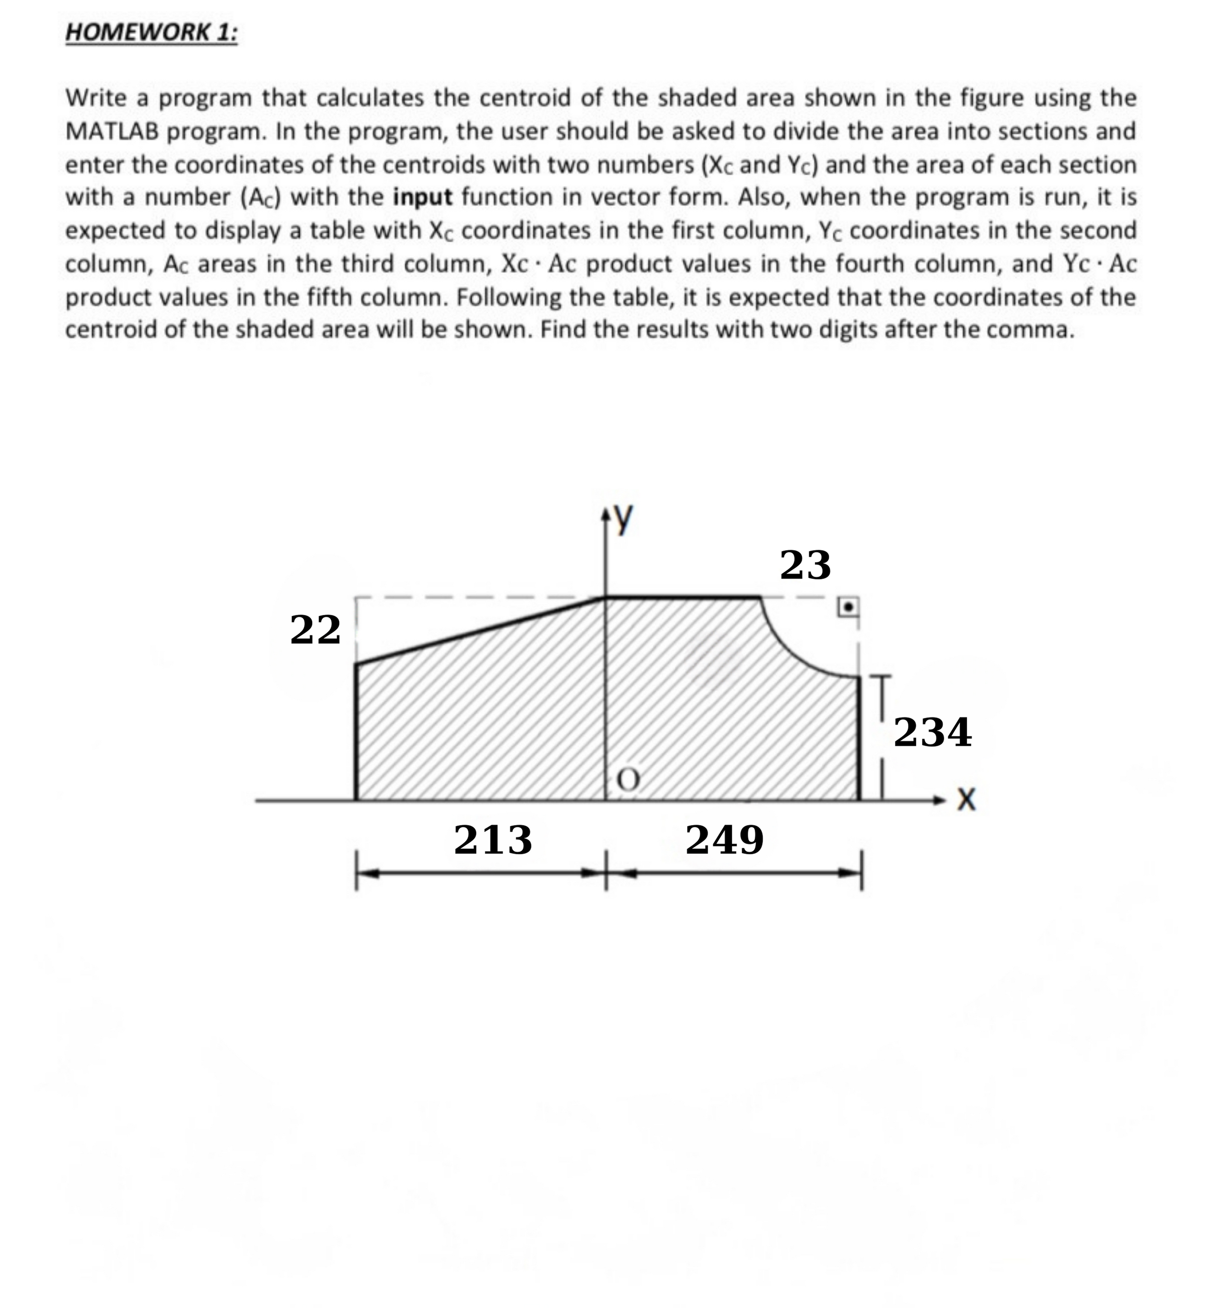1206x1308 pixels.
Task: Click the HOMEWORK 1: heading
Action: pos(152,33)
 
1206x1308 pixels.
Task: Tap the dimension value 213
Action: pos(493,840)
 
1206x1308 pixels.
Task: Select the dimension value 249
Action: pos(724,840)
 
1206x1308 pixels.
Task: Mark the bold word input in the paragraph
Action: pos(422,197)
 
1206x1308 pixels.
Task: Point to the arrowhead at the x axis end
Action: pos(940,799)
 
